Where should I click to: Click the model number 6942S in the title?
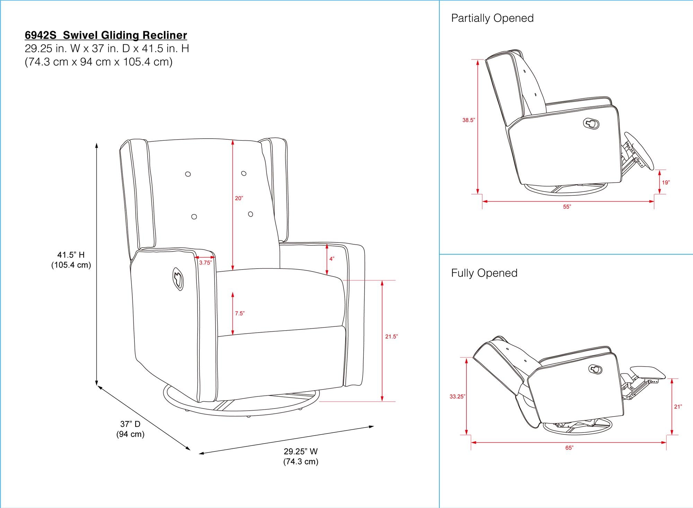pyautogui.click(x=41, y=35)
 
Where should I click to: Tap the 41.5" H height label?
pyautogui.click(x=71, y=255)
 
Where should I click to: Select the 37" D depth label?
pyautogui.click(x=130, y=424)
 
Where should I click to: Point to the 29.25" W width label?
pyautogui.click(x=300, y=452)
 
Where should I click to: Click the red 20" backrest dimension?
pyautogui.click(x=239, y=198)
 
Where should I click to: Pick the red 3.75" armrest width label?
pyautogui.click(x=205, y=263)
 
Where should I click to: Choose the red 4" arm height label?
pyautogui.click(x=332, y=259)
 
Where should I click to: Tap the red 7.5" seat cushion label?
pyautogui.click(x=239, y=313)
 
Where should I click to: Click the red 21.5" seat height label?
pyautogui.click(x=391, y=336)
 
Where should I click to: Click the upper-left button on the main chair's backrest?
pyautogui.click(x=188, y=174)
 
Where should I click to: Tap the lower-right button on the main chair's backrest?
pyautogui.click(x=251, y=214)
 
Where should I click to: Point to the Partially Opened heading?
pyautogui.click(x=492, y=18)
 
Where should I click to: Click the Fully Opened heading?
pyautogui.click(x=484, y=273)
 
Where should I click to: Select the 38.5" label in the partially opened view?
pyautogui.click(x=468, y=120)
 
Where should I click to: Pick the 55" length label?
pyautogui.click(x=567, y=207)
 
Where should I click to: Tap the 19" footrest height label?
pyautogui.click(x=666, y=182)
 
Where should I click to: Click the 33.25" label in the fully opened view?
pyautogui.click(x=457, y=397)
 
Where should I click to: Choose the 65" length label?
pyautogui.click(x=569, y=448)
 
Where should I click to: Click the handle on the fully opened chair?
pyautogui.click(x=597, y=369)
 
